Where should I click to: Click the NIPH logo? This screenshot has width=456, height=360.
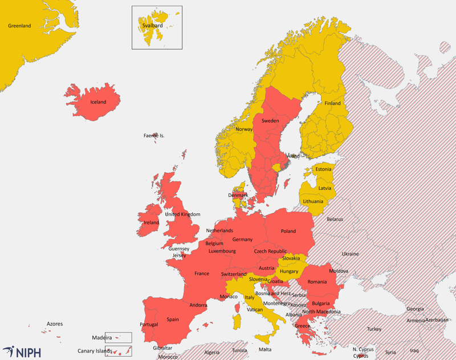click(x=22, y=351)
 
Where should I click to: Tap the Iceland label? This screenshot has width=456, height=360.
click(x=98, y=102)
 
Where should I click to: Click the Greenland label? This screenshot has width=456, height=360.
click(x=19, y=26)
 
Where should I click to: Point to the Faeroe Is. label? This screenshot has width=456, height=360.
click(x=154, y=136)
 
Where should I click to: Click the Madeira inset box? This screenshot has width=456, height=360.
click(x=118, y=337)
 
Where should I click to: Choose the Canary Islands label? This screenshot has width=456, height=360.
click(x=95, y=351)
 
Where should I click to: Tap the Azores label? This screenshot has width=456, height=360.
click(x=55, y=324)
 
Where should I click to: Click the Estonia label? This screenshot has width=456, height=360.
click(x=323, y=169)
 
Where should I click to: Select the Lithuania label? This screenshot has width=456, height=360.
click(x=313, y=201)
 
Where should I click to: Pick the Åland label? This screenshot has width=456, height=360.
click(x=293, y=156)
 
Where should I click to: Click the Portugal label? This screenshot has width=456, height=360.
click(x=149, y=325)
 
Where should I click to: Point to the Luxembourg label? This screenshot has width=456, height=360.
click(x=222, y=251)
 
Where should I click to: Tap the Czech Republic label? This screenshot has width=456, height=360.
click(x=270, y=251)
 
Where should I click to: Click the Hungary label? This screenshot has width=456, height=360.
click(x=289, y=272)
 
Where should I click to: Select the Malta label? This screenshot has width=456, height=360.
click(x=265, y=349)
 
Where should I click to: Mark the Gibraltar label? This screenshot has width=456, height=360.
click(x=162, y=348)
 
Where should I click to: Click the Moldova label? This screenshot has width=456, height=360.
click(x=338, y=270)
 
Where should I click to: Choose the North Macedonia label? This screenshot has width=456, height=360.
click(x=321, y=312)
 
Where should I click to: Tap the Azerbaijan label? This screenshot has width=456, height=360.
click(x=437, y=320)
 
